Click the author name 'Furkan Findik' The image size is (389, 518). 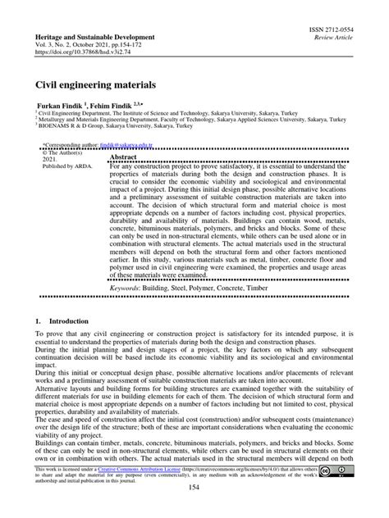pyautogui.click(x=59, y=107)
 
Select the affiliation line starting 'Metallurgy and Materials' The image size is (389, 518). pyautogui.click(x=172, y=122)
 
